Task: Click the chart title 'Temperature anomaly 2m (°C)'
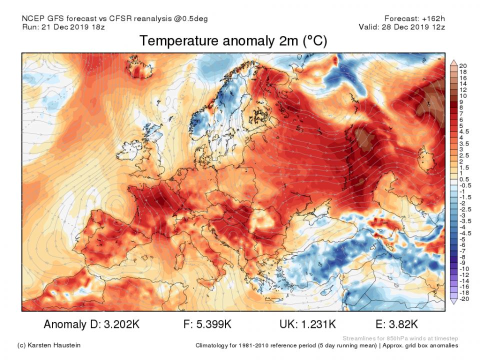pyautogui.click(x=233, y=41)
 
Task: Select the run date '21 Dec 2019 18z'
pyautogui.click(x=76, y=27)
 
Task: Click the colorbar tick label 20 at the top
pyautogui.click(x=462, y=66)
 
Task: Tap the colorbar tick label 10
pyautogui.click(x=462, y=95)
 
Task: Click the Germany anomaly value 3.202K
pyautogui.click(x=119, y=324)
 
